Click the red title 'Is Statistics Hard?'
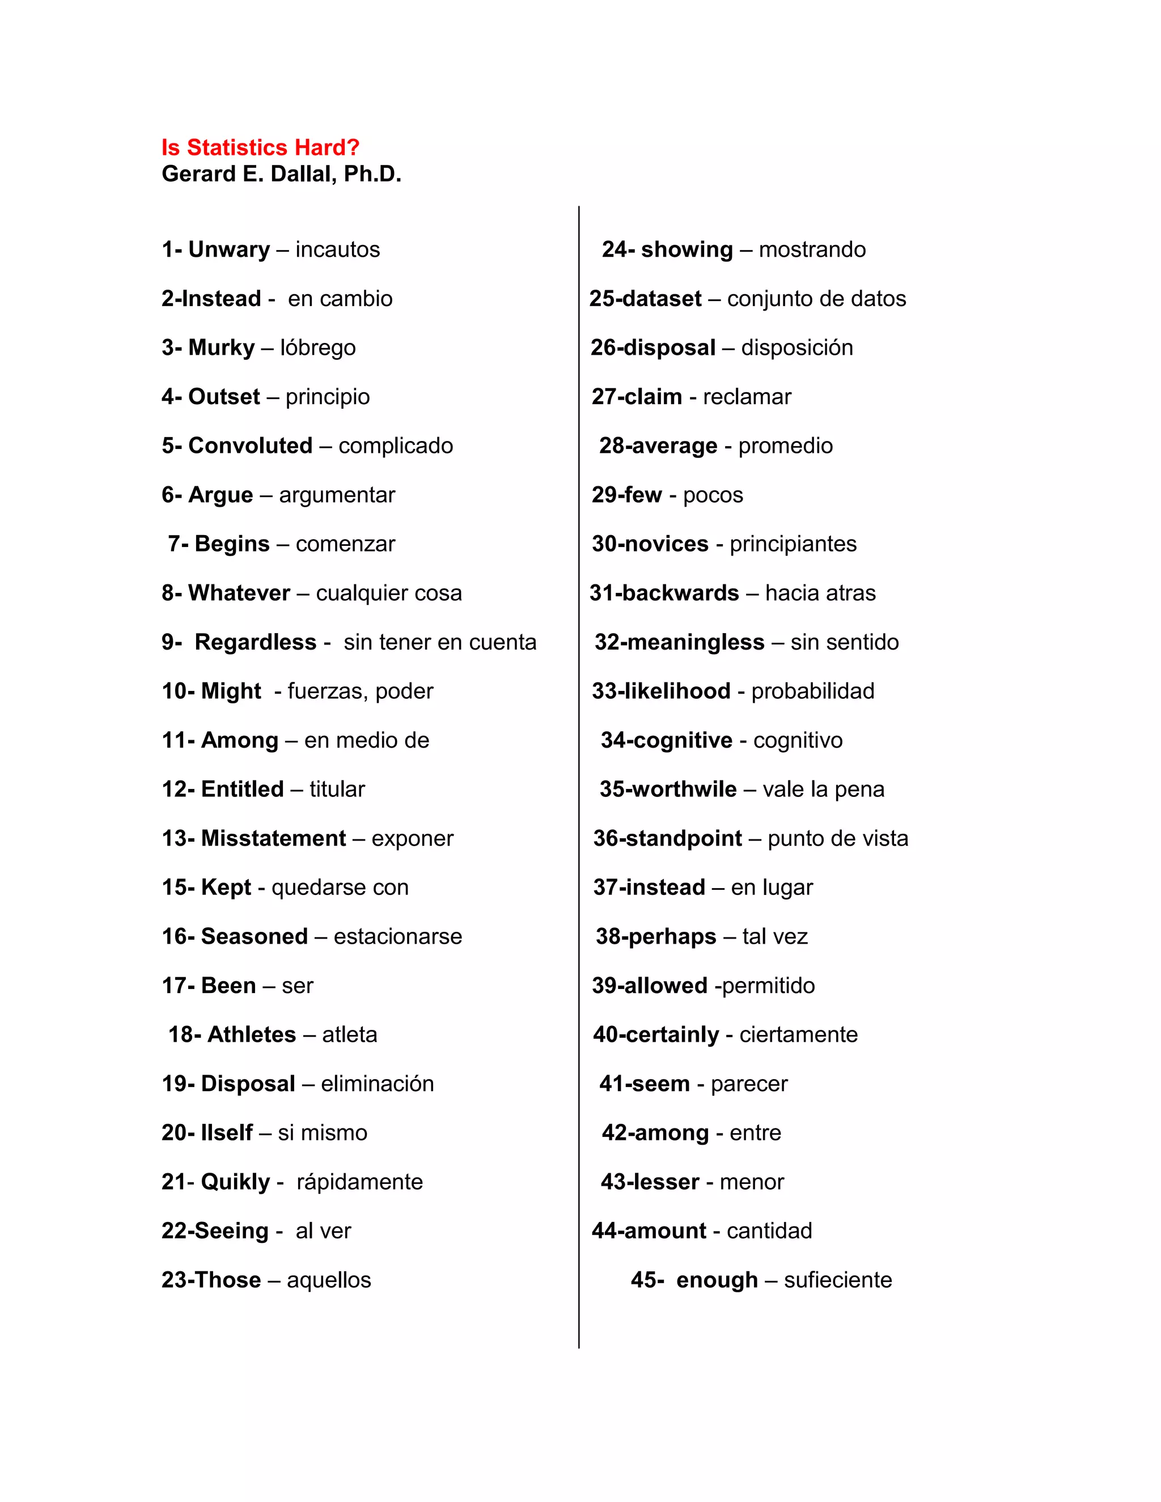[x=260, y=148]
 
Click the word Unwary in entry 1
[x=229, y=249]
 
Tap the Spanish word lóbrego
[x=318, y=348]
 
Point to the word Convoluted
[x=251, y=445]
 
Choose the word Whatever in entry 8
[x=239, y=593]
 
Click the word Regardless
[x=255, y=642]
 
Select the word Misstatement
[x=273, y=838]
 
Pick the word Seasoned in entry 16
[x=254, y=937]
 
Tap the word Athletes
[x=251, y=1034]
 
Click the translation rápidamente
[x=360, y=1182]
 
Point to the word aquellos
[x=329, y=1280]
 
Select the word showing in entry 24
[x=687, y=249]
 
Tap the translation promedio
[x=786, y=445]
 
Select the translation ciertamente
[x=799, y=1034]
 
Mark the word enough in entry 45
[x=717, y=1280]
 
